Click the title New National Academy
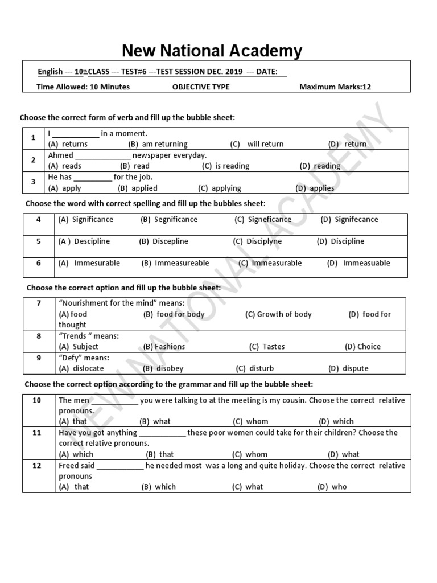tap(212, 51)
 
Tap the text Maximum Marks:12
tap(335, 87)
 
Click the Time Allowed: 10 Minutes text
tap(83, 87)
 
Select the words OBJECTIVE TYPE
tap(201, 87)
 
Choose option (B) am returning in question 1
tap(158, 144)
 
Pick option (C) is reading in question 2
tap(225, 166)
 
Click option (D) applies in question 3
tap(315, 188)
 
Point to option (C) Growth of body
tap(278, 314)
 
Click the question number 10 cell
tap(37, 400)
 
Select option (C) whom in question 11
tap(249, 454)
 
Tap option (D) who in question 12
tap(332, 487)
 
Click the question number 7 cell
tap(39, 303)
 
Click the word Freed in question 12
tap(69, 465)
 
